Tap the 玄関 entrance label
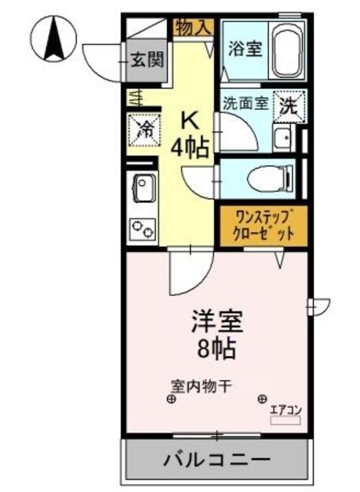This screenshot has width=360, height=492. point(145,59)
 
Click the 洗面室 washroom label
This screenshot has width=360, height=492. point(245,102)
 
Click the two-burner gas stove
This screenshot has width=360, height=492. point(143,228)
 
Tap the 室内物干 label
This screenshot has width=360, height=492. point(196,386)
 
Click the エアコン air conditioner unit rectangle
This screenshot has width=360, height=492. point(285,419)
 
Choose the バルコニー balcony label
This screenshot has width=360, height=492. point(218,462)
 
